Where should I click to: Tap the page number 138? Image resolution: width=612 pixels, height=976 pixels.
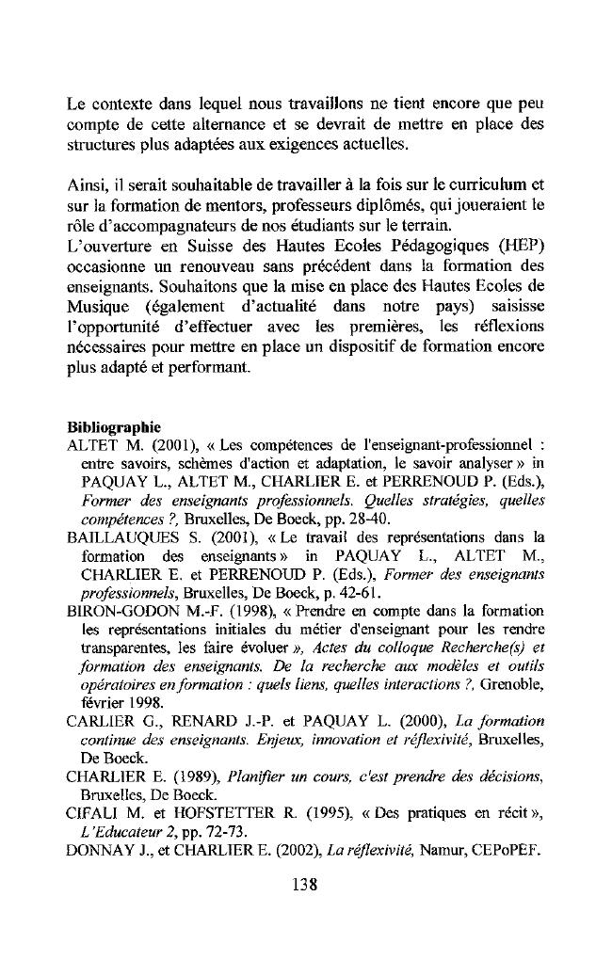click(306, 884)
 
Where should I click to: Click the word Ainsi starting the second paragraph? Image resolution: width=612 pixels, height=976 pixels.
click(87, 182)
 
